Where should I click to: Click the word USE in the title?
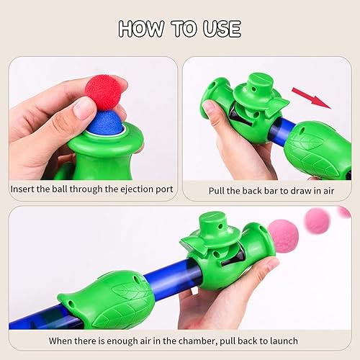(x=220, y=29)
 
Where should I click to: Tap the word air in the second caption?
(x=324, y=191)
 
